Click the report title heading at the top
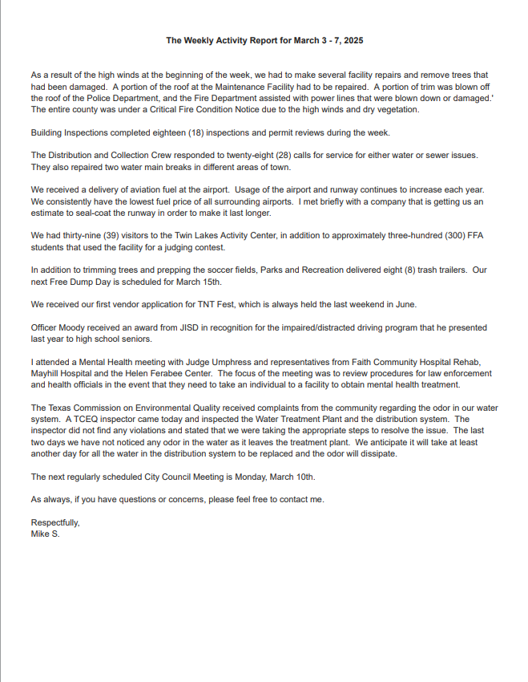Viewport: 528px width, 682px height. click(x=264, y=40)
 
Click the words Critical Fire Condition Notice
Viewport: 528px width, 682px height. click(x=192, y=109)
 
